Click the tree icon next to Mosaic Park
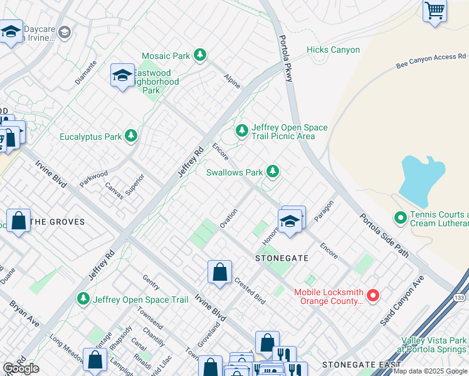pos(200,56)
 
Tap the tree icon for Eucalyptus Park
pos(130,136)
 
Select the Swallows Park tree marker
pos(272,171)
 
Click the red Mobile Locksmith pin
pos(372,295)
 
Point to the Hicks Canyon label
pos(333,50)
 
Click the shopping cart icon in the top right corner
pos(434,11)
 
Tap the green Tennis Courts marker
pos(399,218)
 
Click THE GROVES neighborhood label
pos(57,222)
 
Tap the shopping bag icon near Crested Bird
pos(219,273)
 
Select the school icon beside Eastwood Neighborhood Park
pos(122,76)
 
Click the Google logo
pos(21,368)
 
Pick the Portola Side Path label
pos(384,236)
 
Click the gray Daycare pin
pos(65,32)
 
